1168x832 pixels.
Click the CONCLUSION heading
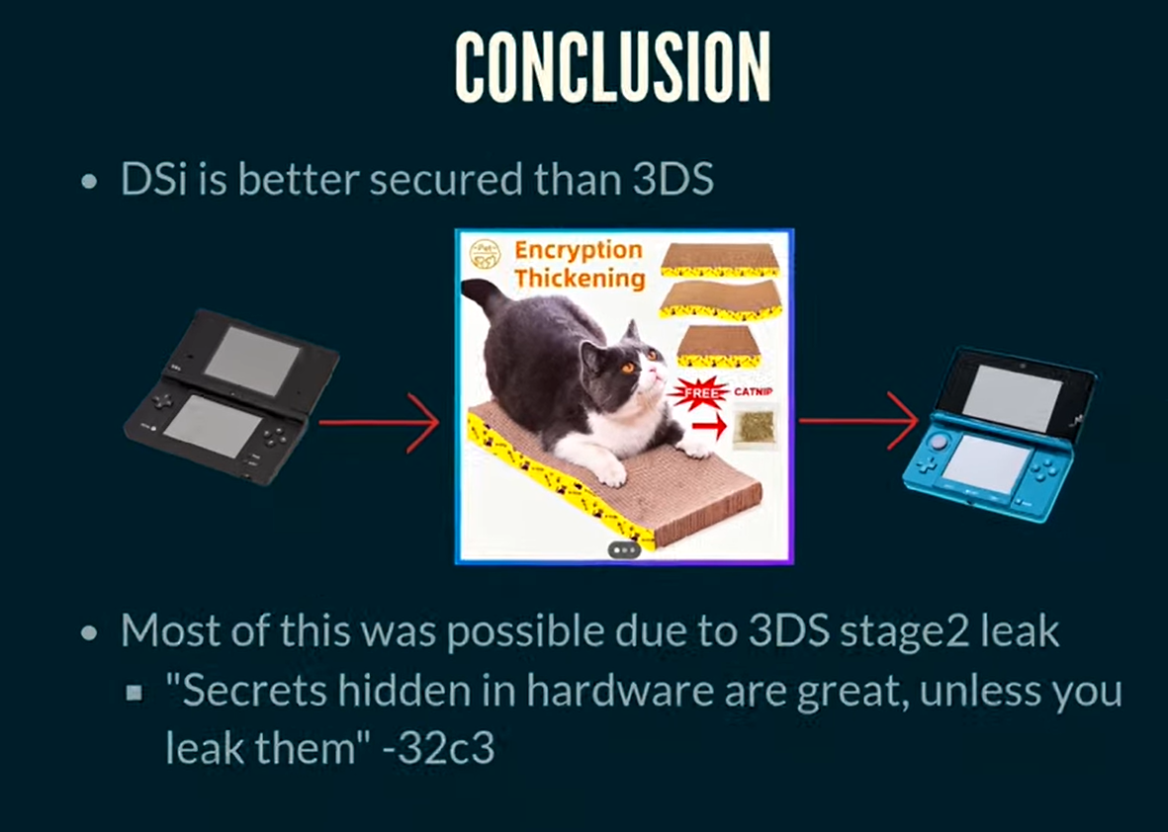coord(612,68)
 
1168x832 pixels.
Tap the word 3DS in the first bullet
coord(673,180)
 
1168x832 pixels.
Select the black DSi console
coord(231,396)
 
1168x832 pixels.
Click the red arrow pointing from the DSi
coord(379,423)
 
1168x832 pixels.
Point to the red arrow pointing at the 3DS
coord(858,421)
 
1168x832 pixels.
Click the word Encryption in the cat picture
coord(578,251)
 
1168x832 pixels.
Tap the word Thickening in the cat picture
coord(579,279)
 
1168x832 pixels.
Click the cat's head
coord(622,361)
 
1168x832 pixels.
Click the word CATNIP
coord(753,391)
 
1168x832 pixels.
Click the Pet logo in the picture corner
coord(485,254)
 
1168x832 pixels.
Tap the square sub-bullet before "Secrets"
coord(135,693)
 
